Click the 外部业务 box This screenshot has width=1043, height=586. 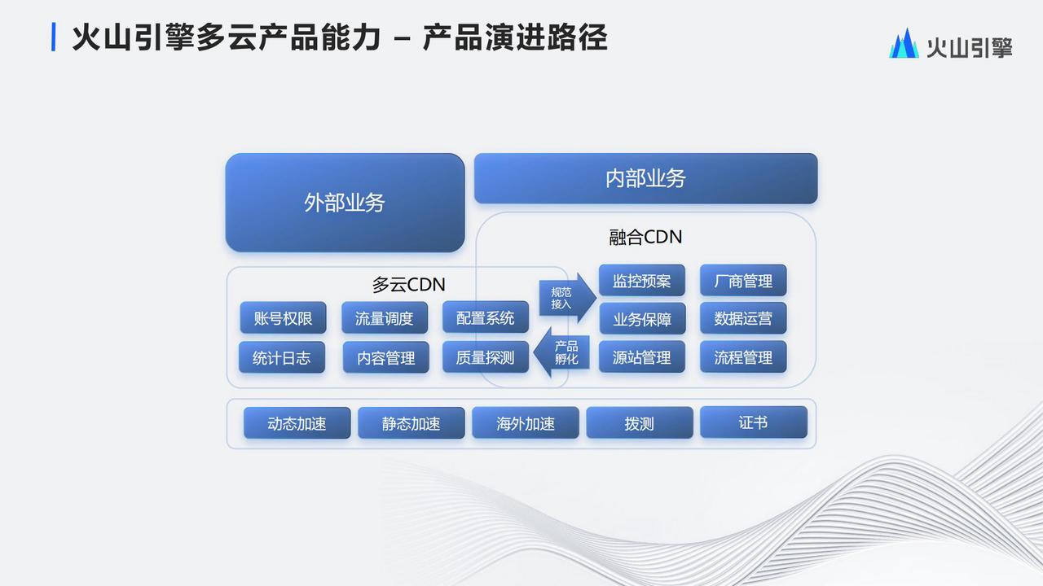tap(345, 203)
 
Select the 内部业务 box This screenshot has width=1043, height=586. tap(646, 178)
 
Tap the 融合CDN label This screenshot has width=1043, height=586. tap(645, 237)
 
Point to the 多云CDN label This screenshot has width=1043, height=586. tap(408, 285)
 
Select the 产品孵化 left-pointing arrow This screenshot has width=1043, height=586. tap(561, 352)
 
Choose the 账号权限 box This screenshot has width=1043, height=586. tap(283, 318)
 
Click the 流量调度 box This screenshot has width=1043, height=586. tap(385, 318)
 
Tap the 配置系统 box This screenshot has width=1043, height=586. tap(486, 317)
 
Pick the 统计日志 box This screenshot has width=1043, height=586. tap(282, 357)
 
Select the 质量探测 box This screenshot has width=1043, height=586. tap(486, 357)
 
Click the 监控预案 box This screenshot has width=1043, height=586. tap(642, 281)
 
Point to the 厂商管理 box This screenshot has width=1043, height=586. tap(744, 281)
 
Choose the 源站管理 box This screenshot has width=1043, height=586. tap(642, 357)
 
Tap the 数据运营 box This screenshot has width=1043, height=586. tap(744, 318)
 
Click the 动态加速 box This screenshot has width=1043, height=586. tap(297, 423)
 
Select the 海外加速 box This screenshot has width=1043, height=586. tap(526, 423)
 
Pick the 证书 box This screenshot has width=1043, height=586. tap(754, 422)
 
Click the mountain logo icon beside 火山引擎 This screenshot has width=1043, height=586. tap(904, 43)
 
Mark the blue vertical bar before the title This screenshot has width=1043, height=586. tap(54, 37)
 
